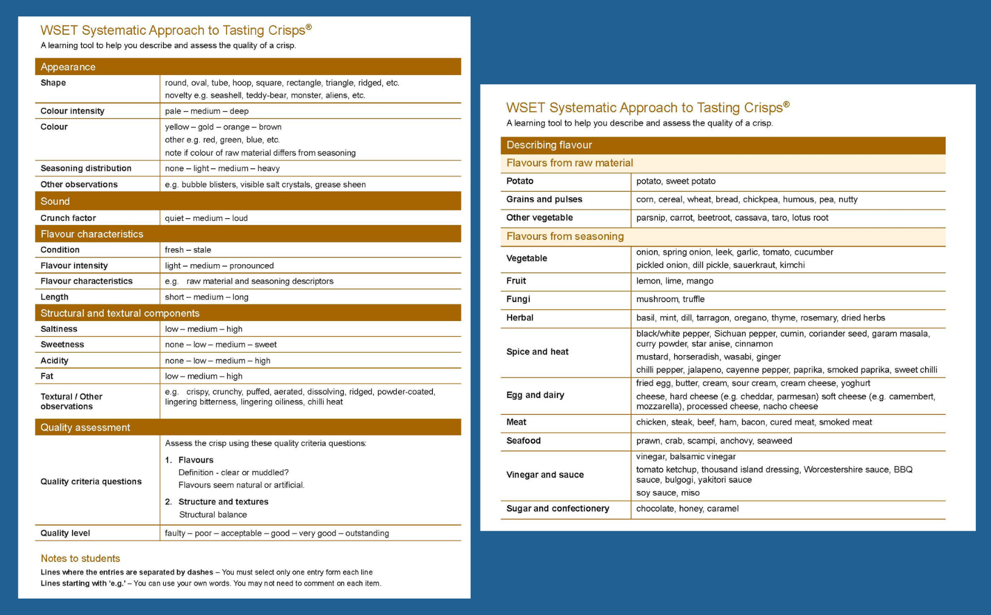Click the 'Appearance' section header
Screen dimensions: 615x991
tap(68, 67)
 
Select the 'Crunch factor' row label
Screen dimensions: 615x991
tap(68, 218)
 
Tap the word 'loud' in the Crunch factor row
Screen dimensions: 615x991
tap(240, 218)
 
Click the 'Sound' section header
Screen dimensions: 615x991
tap(55, 201)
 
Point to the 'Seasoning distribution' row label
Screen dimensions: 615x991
tap(85, 168)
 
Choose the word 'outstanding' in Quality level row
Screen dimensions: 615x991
tap(367, 533)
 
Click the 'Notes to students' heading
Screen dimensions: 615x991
tap(80, 558)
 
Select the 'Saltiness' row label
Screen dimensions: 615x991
tap(59, 329)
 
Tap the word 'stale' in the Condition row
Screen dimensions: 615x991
tap(202, 250)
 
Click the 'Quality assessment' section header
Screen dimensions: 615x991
tap(85, 428)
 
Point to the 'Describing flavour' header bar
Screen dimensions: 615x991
tap(549, 145)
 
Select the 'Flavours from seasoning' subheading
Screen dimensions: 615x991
tap(565, 237)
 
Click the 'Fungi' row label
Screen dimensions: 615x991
tap(518, 299)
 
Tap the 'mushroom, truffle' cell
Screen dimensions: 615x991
tap(670, 299)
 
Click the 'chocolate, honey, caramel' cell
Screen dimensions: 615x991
tap(687, 508)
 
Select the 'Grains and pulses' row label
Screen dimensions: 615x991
tap(544, 200)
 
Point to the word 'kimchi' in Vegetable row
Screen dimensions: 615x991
tap(792, 265)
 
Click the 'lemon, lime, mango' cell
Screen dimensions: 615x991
tap(674, 281)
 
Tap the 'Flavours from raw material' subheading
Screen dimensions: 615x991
tap(569, 163)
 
